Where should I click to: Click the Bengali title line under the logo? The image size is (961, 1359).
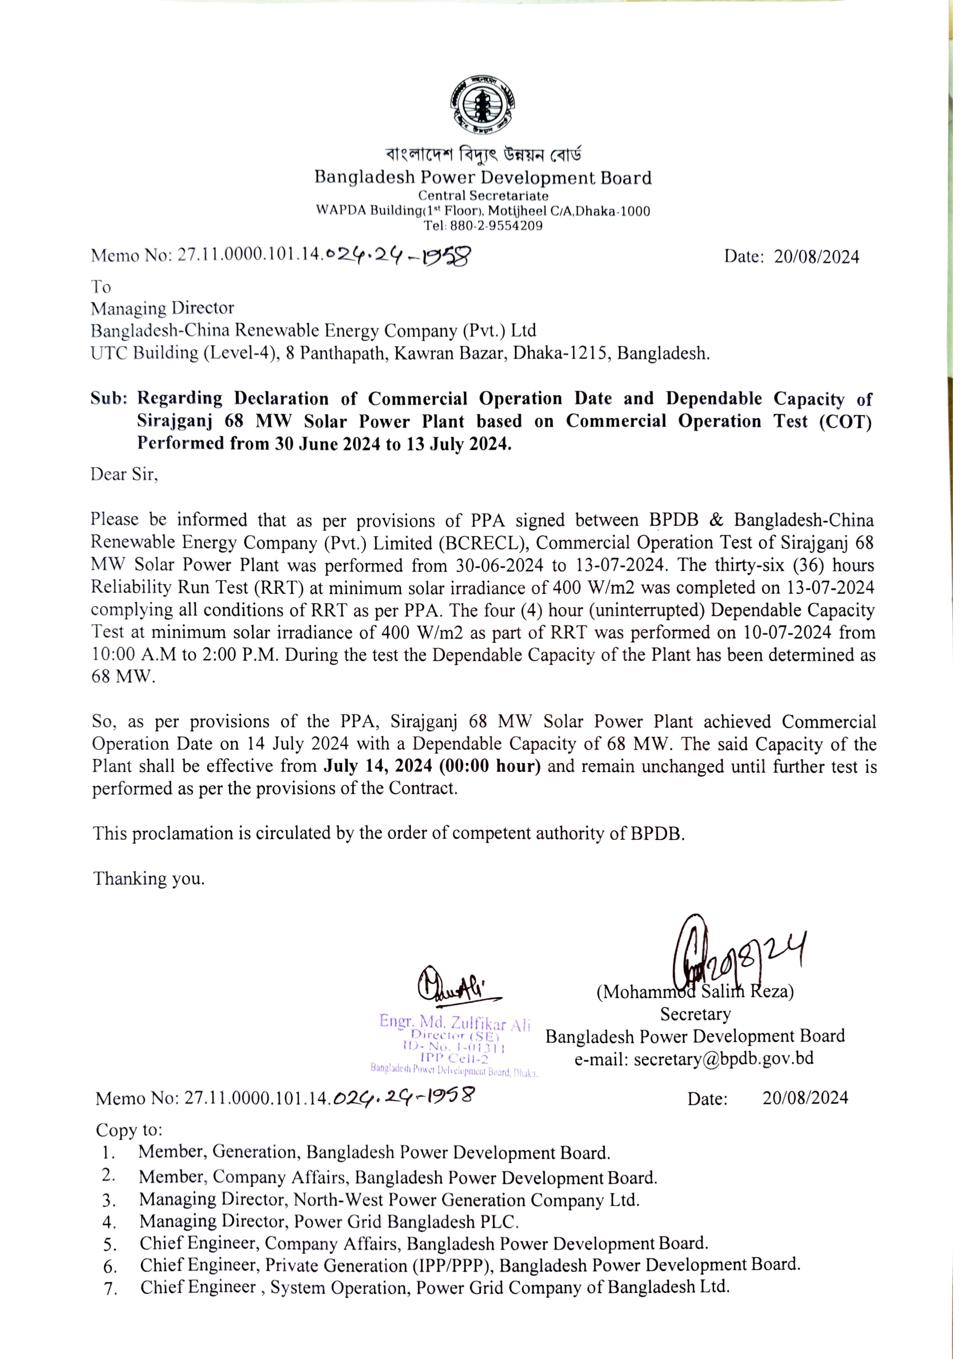click(483, 155)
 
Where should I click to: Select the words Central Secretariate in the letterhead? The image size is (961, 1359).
click(483, 195)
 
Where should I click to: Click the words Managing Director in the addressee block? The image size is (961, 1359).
click(162, 308)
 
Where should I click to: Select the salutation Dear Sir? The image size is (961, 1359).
click(124, 474)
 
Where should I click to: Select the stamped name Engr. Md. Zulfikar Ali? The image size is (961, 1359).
click(455, 1022)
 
